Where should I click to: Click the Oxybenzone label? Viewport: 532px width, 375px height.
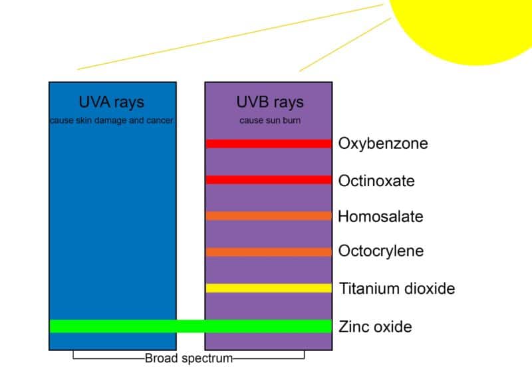click(x=383, y=144)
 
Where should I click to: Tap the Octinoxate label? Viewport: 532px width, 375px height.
click(x=376, y=181)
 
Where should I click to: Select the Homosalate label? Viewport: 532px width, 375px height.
click(x=380, y=217)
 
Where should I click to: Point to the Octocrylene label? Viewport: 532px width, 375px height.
click(x=381, y=251)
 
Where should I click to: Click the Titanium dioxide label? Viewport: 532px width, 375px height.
click(x=397, y=289)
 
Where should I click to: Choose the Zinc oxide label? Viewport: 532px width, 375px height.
click(x=375, y=326)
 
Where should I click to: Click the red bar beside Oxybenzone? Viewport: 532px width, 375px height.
click(x=269, y=144)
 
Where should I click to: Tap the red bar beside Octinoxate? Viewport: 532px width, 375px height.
click(x=269, y=180)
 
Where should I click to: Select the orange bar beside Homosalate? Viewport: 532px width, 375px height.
click(x=269, y=216)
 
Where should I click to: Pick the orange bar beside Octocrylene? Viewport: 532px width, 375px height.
click(x=269, y=252)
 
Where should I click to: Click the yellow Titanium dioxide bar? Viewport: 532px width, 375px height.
click(x=269, y=288)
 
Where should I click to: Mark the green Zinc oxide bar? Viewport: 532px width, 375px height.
click(x=191, y=326)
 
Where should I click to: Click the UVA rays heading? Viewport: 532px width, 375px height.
click(x=111, y=102)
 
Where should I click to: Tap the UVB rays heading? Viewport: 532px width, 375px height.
click(x=270, y=102)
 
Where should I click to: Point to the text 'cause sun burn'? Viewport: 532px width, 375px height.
click(x=270, y=120)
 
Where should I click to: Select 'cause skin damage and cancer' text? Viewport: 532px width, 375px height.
click(x=112, y=120)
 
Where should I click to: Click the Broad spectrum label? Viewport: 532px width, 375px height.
click(x=189, y=358)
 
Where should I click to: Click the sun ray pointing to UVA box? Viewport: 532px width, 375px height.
click(x=230, y=37)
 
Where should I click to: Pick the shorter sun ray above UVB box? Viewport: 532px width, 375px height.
click(x=345, y=45)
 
